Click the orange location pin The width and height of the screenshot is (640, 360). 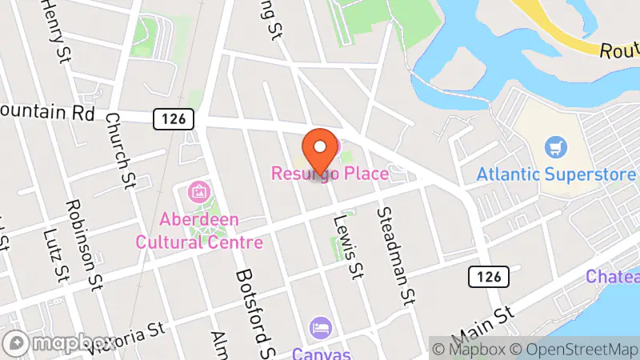[x=319, y=148]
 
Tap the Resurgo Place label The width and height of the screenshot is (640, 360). [x=330, y=173]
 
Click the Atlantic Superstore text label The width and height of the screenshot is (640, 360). [x=556, y=174]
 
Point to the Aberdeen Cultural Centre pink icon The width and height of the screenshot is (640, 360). [x=198, y=192]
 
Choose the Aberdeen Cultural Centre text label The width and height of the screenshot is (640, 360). [x=199, y=230]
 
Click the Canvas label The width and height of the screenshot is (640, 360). [x=320, y=352]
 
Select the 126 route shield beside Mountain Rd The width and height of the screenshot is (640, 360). [x=174, y=119]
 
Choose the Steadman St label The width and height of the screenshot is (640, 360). [x=394, y=244]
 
